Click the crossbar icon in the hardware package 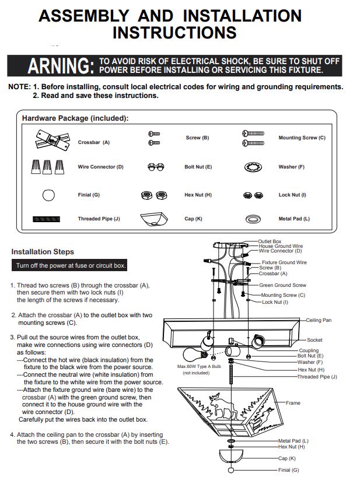coord(53,141)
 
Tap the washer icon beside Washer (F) coord(253,167)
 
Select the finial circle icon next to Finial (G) coord(48,195)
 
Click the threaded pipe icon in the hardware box coord(46,219)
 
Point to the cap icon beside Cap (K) coord(154,219)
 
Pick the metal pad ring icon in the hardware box coord(253,219)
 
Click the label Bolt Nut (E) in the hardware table coord(198,167)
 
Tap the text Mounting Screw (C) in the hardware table coord(302,138)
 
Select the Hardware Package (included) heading coord(75,118)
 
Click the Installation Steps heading coord(43,252)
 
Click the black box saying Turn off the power coord(69,265)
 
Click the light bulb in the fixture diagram coord(195,355)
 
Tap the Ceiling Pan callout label coord(319,320)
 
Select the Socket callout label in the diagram coord(314,340)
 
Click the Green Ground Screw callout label coord(283,285)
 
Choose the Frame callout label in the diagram coord(293,403)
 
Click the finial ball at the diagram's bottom coord(231,471)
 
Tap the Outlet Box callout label coord(270,241)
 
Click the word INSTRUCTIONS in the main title coord(174,33)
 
